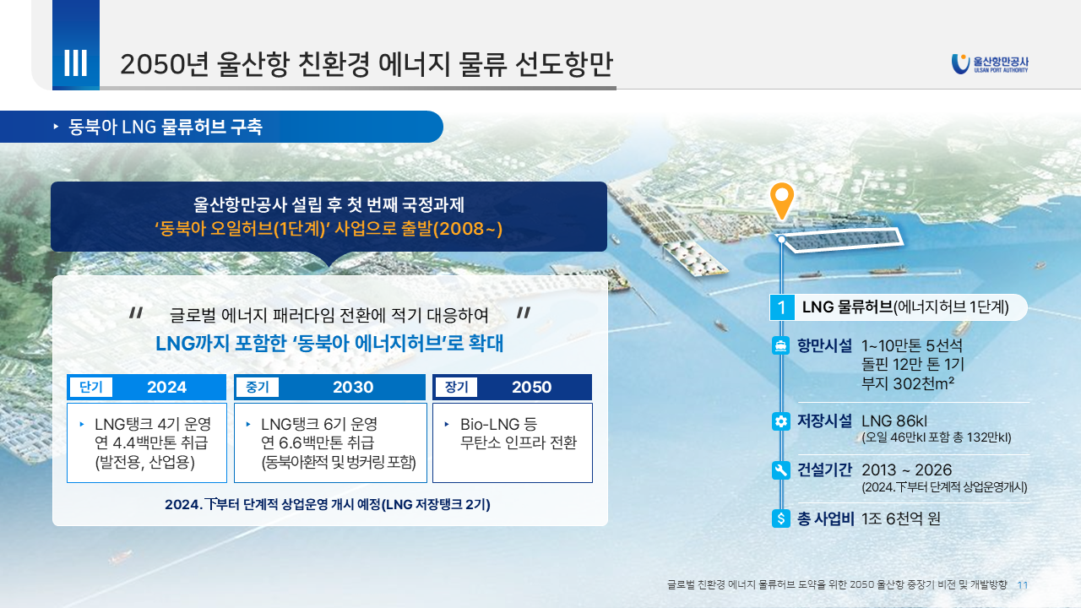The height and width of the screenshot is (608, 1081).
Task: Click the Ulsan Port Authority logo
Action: [989, 64]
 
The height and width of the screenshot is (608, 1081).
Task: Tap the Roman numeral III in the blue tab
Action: [76, 62]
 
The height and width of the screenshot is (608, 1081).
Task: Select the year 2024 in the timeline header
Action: [166, 387]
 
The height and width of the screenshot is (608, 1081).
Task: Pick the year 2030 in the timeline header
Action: [353, 387]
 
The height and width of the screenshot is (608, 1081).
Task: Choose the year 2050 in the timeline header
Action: [531, 387]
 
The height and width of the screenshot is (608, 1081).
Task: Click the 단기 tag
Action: [91, 387]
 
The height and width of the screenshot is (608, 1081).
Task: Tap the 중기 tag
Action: [258, 387]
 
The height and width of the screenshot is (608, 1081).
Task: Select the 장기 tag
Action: [457, 387]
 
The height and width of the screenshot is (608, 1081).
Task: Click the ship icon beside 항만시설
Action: [781, 345]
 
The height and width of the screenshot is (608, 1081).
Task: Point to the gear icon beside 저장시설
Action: [781, 421]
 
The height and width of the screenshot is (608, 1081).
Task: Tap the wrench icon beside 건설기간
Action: [781, 470]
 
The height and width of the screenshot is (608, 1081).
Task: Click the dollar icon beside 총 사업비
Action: [781, 518]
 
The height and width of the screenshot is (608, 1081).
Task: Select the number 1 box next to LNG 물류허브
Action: [782, 307]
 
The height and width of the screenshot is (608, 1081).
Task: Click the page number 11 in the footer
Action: [1023, 585]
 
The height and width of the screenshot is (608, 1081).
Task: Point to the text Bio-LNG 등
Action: [498, 424]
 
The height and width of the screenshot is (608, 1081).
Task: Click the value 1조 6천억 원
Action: [901, 518]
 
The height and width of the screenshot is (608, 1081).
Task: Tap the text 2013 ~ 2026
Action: [907, 470]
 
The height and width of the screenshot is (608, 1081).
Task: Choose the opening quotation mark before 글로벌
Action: [136, 313]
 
